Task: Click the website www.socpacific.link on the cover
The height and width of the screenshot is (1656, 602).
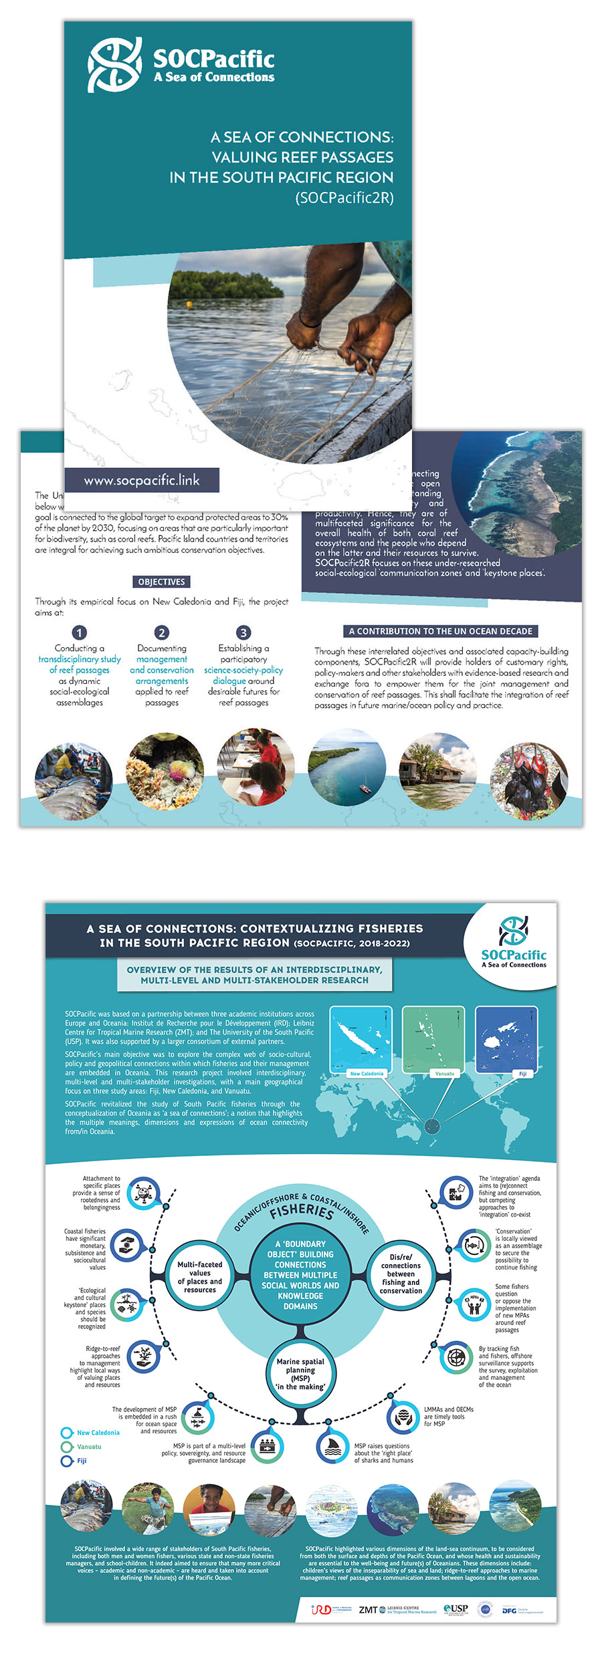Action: (141, 480)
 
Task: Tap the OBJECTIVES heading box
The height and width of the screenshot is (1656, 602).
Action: (161, 582)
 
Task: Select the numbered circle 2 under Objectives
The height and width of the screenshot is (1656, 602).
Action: (161, 632)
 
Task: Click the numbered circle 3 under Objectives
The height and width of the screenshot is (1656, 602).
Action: (243, 632)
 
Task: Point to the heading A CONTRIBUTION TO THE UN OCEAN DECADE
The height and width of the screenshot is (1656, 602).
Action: (441, 631)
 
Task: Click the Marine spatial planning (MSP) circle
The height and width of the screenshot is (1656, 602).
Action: (300, 1374)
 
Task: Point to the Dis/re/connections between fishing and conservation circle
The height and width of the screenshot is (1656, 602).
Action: (401, 1274)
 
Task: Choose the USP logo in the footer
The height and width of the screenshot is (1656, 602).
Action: (457, 1609)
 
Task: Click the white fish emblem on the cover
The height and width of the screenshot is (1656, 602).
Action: (114, 65)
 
